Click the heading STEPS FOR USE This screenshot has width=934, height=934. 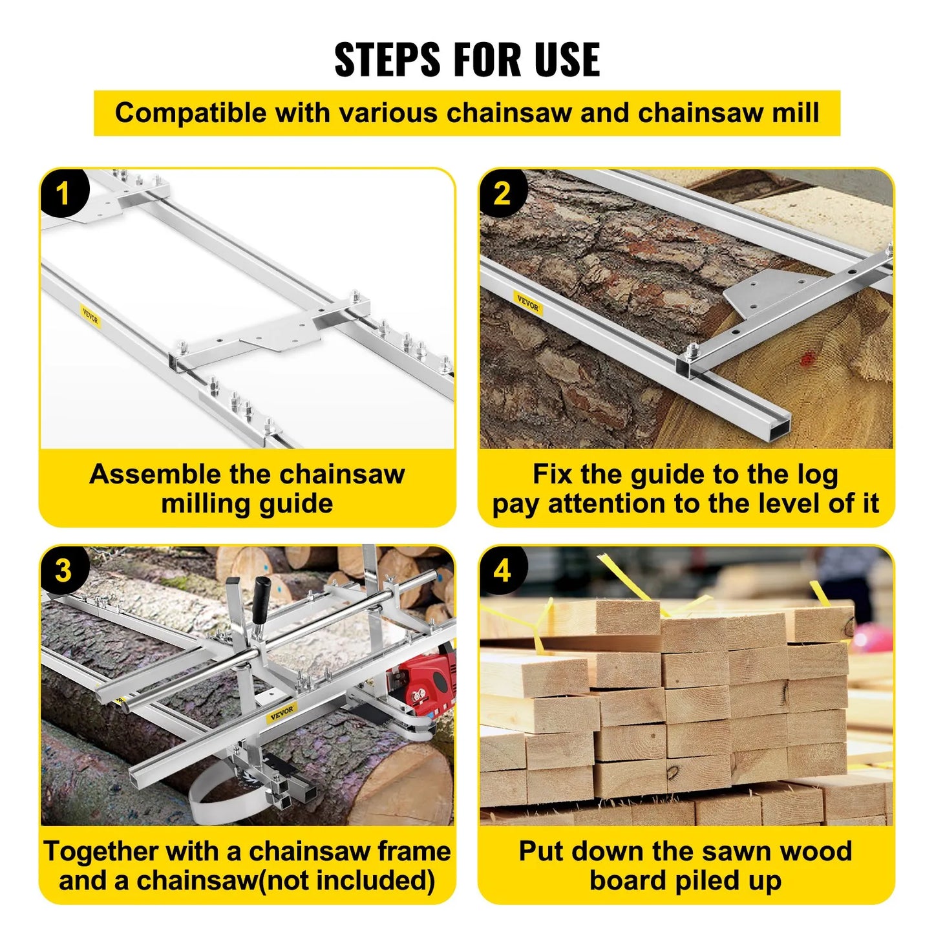pyautogui.click(x=467, y=59)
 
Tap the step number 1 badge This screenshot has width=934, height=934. pyautogui.click(x=63, y=193)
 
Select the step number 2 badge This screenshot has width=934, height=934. pyautogui.click(x=502, y=193)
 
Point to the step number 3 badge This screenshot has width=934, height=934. pyautogui.click(x=63, y=571)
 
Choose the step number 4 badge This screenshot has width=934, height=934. pyautogui.click(x=502, y=571)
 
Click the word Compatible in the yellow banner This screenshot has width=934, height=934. pyautogui.click(x=191, y=113)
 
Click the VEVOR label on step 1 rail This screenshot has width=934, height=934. pyautogui.click(x=90, y=317)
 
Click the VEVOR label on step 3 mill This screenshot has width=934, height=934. pyautogui.click(x=282, y=712)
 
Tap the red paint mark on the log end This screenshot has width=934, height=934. pyautogui.click(x=807, y=359)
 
